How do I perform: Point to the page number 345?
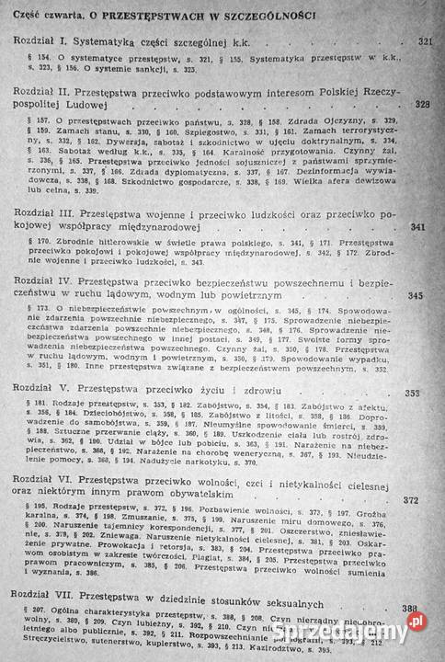point(416,296)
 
